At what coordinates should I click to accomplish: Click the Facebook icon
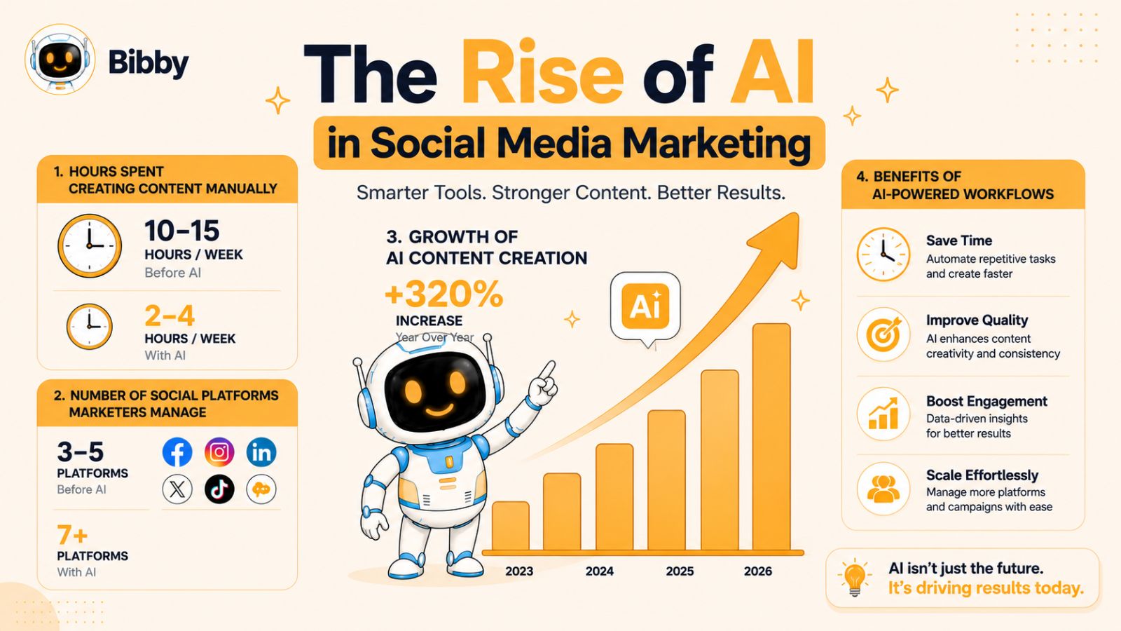tap(177, 452)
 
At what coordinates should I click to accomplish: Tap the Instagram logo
tap(219, 452)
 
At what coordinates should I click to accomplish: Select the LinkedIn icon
tap(261, 452)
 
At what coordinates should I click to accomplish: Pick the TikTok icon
tap(219, 489)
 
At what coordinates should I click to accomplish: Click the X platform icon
tap(177, 489)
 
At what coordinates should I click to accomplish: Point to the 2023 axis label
tap(519, 571)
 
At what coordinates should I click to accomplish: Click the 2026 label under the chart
tap(757, 571)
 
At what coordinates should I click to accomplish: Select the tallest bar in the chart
tap(771, 437)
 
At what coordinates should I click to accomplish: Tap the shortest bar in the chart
tap(511, 526)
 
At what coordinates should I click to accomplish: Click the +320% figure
tap(444, 294)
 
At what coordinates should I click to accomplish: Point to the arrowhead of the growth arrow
tap(778, 238)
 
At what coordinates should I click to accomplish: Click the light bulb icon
tap(855, 578)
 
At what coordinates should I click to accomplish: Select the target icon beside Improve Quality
tap(883, 334)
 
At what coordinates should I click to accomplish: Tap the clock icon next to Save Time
tap(883, 254)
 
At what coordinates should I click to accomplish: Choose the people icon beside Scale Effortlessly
tap(883, 489)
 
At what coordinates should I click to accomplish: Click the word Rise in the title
tap(542, 73)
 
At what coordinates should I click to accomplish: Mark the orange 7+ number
tap(72, 535)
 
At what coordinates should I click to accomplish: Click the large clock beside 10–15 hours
tap(90, 246)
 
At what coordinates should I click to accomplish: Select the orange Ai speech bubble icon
tap(645, 308)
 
